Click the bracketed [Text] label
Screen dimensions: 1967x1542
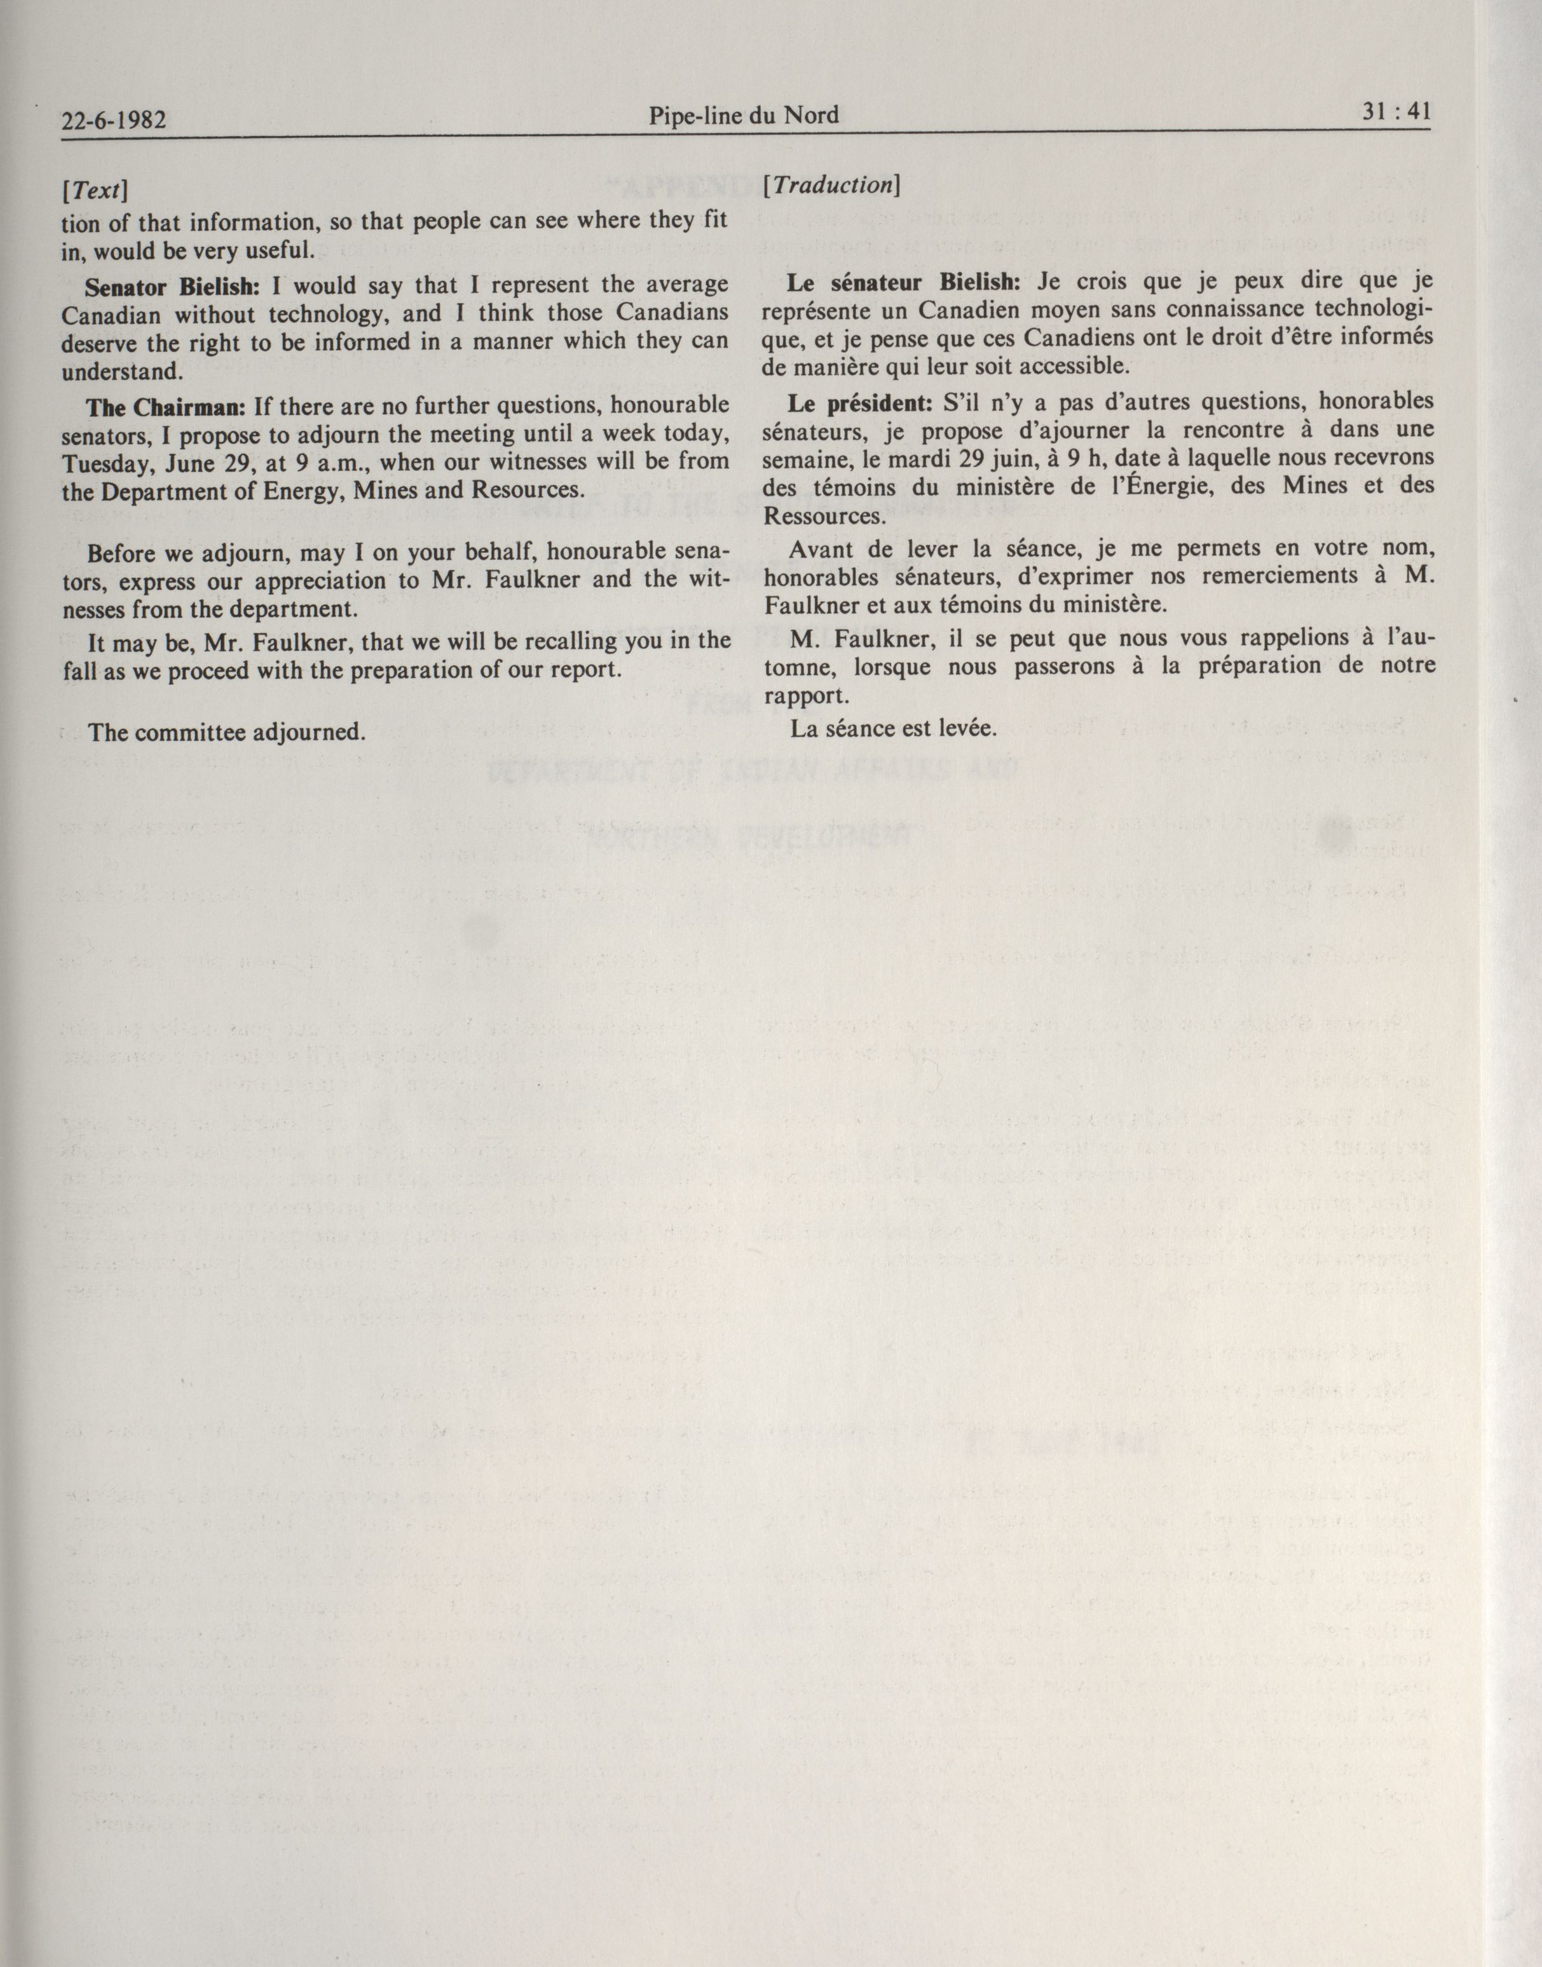point(94,191)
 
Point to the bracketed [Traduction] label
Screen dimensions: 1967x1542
point(831,185)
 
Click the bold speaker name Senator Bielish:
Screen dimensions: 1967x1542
point(172,286)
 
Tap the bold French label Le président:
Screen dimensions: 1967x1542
point(859,402)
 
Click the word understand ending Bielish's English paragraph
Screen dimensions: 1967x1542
point(121,372)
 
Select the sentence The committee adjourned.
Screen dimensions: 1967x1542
point(227,732)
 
